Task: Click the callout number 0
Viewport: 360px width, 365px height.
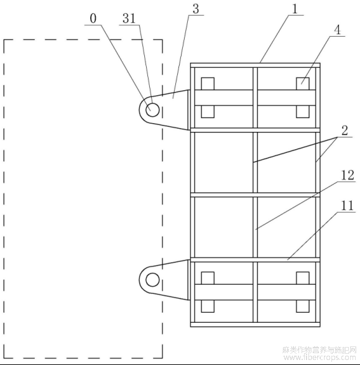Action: (x=93, y=19)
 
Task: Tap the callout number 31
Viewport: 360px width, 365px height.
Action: (x=129, y=19)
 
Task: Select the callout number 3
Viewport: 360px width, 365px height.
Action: (x=196, y=9)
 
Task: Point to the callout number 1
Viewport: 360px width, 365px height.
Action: (x=295, y=9)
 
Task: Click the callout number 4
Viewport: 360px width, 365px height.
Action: (x=337, y=30)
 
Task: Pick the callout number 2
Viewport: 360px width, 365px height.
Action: (x=344, y=131)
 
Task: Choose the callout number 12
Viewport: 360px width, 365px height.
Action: (x=348, y=175)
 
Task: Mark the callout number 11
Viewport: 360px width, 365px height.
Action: (x=348, y=206)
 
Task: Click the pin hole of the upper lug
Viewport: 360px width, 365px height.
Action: (x=152, y=109)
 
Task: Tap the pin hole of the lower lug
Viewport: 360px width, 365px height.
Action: (x=152, y=280)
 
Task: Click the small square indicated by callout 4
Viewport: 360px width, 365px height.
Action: (x=303, y=83)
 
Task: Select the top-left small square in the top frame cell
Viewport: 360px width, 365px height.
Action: (x=208, y=83)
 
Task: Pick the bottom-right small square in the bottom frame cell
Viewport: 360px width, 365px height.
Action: (x=303, y=306)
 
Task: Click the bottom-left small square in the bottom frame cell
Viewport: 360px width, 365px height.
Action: (x=208, y=306)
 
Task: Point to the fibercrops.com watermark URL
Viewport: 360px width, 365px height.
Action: (x=320, y=358)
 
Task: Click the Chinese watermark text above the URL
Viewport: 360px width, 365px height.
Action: (x=320, y=350)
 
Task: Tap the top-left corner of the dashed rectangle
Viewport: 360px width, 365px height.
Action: (x=4, y=40)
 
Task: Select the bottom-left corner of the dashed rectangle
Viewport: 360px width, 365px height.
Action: (x=4, y=358)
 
